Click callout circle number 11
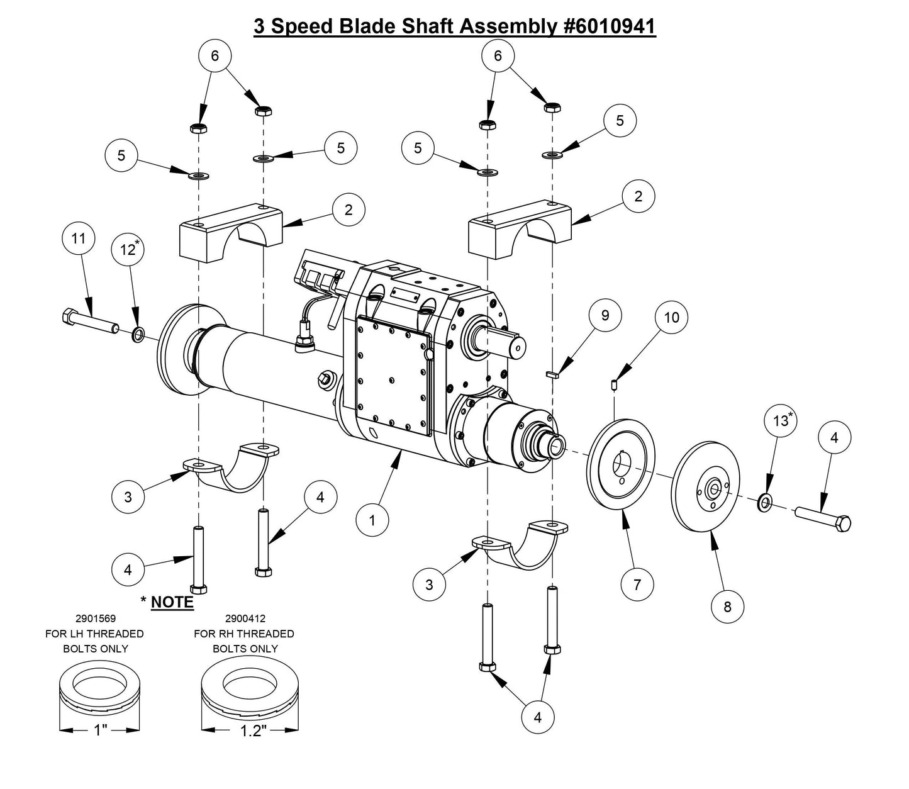tap(78, 239)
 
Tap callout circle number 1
tap(372, 521)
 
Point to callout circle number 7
tap(637, 585)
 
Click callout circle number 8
tap(728, 607)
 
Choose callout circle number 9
tap(605, 315)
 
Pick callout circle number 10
tap(672, 317)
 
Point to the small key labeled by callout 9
tap(552, 374)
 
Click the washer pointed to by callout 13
tap(766, 501)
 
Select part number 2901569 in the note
tap(95, 618)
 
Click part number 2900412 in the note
tap(244, 618)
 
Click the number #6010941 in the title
tap(606, 26)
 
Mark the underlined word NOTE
tap(172, 602)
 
